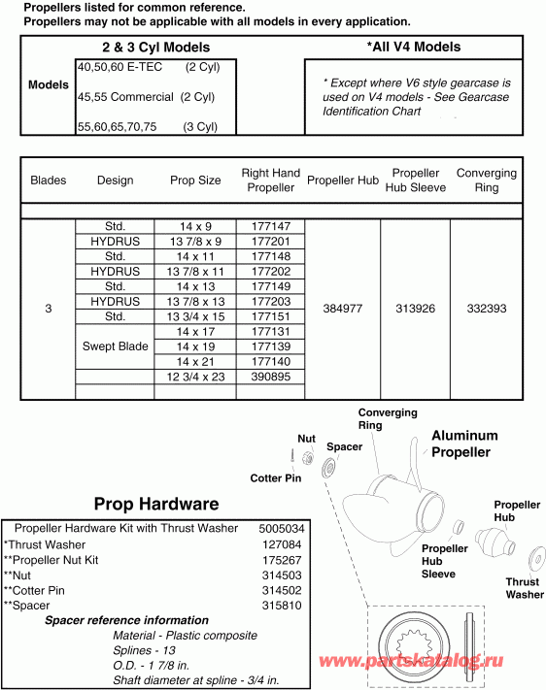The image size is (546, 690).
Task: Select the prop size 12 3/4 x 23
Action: pyautogui.click(x=195, y=377)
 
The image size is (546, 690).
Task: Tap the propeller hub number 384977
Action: pyautogui.click(x=341, y=309)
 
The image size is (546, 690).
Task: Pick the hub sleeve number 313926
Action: pyautogui.click(x=415, y=309)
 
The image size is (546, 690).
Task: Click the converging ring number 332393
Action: pyautogui.click(x=486, y=309)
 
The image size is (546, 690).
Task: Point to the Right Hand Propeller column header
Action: pyautogui.click(x=270, y=181)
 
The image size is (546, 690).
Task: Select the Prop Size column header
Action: pyautogui.click(x=195, y=181)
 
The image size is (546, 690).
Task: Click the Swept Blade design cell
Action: pyautogui.click(x=115, y=346)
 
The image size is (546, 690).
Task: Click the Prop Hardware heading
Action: pyautogui.click(x=155, y=504)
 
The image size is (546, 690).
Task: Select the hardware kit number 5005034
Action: pyautogui.click(x=282, y=529)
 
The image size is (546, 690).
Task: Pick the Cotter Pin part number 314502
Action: pyautogui.click(x=282, y=590)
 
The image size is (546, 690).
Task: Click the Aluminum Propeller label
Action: pyautogui.click(x=464, y=444)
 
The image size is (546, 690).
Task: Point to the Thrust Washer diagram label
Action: pyautogui.click(x=524, y=588)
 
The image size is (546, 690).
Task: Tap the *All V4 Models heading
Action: pyautogui.click(x=413, y=47)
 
